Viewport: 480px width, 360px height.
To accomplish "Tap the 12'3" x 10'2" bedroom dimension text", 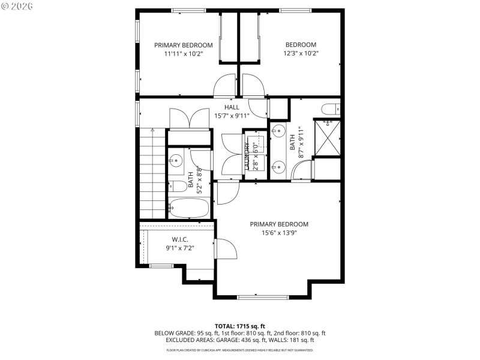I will coord(301,53).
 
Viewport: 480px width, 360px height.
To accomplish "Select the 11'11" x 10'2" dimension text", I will coord(184,53).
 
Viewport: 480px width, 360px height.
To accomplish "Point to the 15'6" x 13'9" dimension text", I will coord(280,233).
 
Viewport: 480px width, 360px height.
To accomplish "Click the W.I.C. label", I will coord(180,239).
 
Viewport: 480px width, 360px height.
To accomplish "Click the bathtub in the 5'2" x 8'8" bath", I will coord(188,208).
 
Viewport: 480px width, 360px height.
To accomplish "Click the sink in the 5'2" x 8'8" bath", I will coord(175,160).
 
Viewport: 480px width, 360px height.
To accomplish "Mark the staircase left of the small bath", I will coord(152,174).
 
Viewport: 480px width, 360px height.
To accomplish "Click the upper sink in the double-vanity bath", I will coord(279,131).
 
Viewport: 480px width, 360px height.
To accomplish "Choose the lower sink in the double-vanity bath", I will coord(279,167).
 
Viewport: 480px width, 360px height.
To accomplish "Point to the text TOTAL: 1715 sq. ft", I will coord(239,326).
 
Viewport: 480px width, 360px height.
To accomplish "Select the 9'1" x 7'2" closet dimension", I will coord(180,248).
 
